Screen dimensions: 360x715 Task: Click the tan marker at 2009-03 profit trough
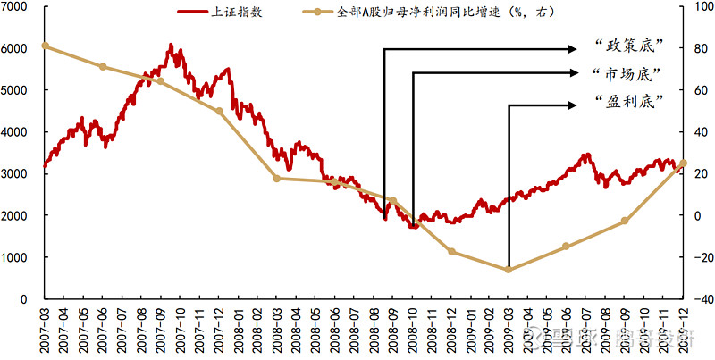click(x=509, y=269)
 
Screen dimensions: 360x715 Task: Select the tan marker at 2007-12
click(x=219, y=111)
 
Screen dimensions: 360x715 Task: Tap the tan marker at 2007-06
click(x=103, y=67)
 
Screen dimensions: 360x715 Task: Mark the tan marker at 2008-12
click(x=451, y=251)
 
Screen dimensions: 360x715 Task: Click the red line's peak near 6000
click(x=170, y=45)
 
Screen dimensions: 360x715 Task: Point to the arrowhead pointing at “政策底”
click(x=573, y=49)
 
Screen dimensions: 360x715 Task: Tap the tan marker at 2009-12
click(x=683, y=163)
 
